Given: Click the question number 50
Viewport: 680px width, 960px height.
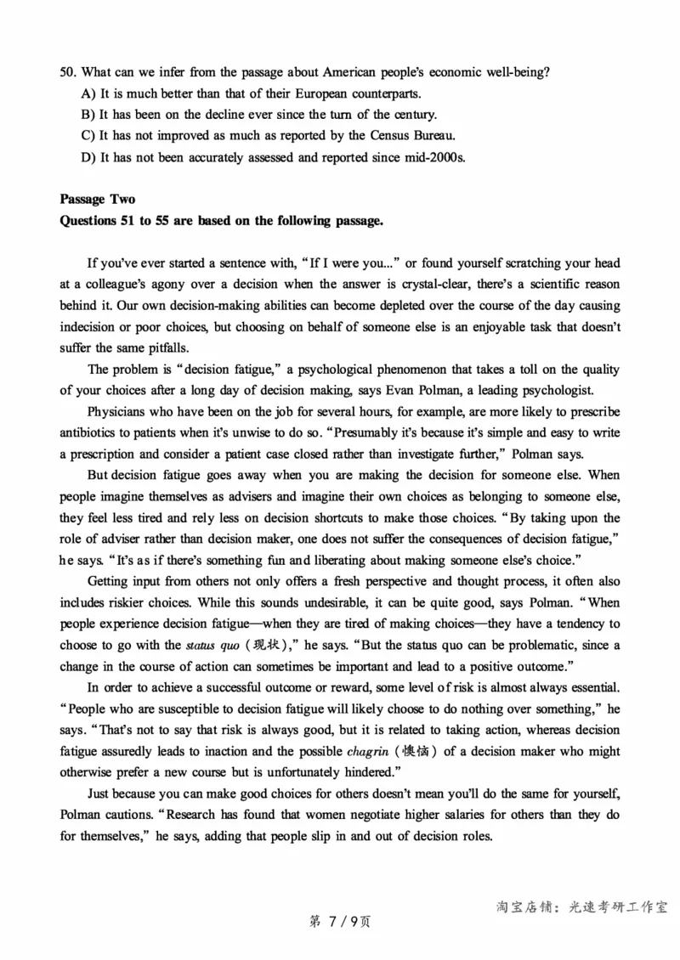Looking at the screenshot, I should tap(68, 72).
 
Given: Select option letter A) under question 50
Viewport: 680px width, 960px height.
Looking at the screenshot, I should tap(88, 93).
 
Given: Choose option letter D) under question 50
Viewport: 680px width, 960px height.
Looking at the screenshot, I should tap(88, 156).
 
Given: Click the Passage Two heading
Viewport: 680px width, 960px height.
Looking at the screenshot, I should tap(97, 200).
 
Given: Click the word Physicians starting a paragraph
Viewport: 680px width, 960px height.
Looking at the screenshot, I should tap(119, 412).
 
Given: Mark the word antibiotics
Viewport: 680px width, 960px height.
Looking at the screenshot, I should tap(91, 433).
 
